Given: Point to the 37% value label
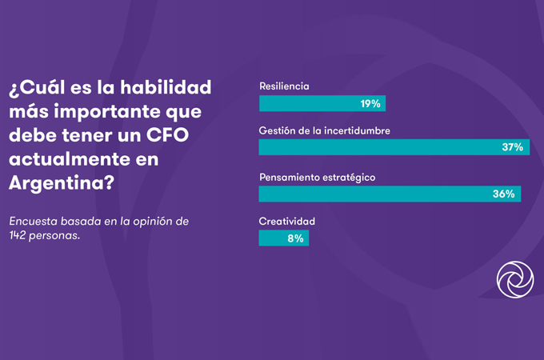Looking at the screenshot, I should pos(513,148).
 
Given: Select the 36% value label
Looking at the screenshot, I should pos(504,194).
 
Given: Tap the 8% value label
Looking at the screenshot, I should pos(294,238).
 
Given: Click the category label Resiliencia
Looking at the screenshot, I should pos(284,86).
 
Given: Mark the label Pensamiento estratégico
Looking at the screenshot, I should pos(318,176).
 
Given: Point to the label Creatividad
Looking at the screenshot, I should pos(286,220).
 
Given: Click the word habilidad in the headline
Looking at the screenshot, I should pos(170,85).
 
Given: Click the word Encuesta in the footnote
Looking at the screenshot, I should pos(34,220).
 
